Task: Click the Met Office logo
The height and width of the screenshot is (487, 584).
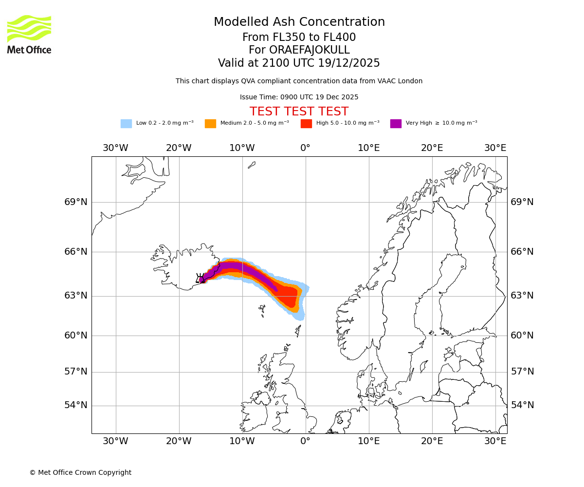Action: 29,34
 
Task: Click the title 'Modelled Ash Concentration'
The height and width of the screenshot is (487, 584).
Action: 299,22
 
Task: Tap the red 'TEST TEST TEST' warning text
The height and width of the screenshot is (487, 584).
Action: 299,112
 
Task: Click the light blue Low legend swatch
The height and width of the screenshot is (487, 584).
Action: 126,123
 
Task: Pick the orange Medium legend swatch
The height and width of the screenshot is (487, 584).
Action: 210,123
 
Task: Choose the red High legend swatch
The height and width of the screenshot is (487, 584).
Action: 306,123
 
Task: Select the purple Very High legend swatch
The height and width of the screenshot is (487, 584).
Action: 396,123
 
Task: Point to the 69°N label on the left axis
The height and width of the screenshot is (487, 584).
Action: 76,202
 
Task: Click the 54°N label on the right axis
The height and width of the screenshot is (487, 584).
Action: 522,405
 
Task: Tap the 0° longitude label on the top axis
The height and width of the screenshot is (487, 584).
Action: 305,148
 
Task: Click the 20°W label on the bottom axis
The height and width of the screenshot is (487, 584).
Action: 179,441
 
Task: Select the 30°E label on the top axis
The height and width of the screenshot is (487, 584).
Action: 495,148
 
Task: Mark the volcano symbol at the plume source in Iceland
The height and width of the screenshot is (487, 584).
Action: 200,279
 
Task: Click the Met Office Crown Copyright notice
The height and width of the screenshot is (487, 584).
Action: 80,472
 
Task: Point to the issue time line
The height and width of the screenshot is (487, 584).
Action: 299,97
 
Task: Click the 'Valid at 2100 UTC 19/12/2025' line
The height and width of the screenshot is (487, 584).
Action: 299,63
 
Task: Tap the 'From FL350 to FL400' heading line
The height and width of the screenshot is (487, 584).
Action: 299,37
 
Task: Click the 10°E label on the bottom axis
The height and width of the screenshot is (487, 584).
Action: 369,441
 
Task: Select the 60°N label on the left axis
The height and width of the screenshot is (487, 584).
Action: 76,336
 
